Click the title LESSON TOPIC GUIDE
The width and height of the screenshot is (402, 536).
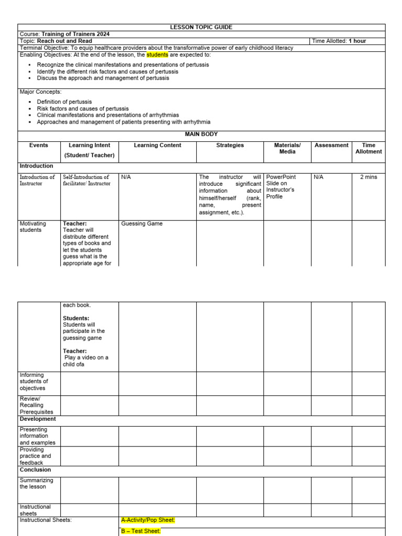pos(202,27)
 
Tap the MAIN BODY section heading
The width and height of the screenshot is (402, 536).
pos(202,135)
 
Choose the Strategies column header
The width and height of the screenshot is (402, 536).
pos(230,146)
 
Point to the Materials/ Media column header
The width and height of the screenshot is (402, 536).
pos(287,149)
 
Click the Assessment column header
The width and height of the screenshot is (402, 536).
pos(331,146)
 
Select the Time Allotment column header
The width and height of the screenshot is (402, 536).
pos(368,149)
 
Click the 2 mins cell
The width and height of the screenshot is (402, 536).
pos(368,177)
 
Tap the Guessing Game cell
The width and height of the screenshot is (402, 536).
pos(142,224)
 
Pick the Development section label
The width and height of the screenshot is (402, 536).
pos(38,419)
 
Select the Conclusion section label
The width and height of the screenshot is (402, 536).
pos(35,470)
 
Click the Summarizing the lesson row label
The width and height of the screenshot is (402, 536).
pos(36,483)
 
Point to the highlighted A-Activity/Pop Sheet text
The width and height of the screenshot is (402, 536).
pos(148,520)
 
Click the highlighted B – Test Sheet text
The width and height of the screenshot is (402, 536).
pos(141,531)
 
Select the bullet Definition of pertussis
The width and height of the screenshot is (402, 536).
pos(64,102)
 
